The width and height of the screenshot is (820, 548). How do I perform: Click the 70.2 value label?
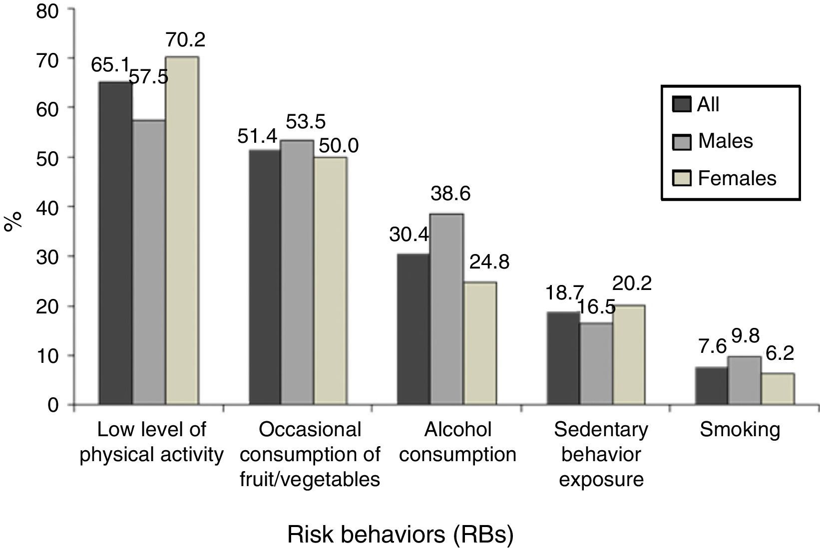point(186,40)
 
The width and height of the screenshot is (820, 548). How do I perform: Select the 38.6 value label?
point(450,194)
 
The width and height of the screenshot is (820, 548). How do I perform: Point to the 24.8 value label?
point(489,262)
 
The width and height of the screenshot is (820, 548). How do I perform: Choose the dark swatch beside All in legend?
point(682,105)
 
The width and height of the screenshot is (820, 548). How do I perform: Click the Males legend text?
point(725,141)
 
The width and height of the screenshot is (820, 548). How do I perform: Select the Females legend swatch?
point(682,178)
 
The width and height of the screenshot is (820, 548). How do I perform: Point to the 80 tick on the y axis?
point(48,10)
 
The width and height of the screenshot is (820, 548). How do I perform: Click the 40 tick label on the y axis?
point(48,207)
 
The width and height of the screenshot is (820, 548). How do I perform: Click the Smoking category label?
point(740,430)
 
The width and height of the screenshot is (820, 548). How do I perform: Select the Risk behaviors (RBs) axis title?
point(400,535)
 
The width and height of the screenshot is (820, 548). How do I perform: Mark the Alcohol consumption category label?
point(458,442)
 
